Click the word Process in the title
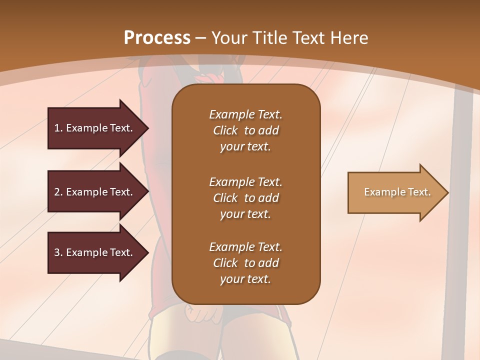(157, 37)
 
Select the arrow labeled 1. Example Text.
(94, 128)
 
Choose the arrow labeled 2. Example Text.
(94, 192)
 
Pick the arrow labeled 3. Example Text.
(94, 252)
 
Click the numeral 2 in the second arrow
(57, 192)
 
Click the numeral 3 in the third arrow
(57, 252)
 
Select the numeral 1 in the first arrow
(57, 128)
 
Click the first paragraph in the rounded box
(245, 130)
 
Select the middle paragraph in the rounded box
(245, 197)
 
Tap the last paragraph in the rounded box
(245, 263)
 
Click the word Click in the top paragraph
(225, 130)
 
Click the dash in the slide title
(201, 38)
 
